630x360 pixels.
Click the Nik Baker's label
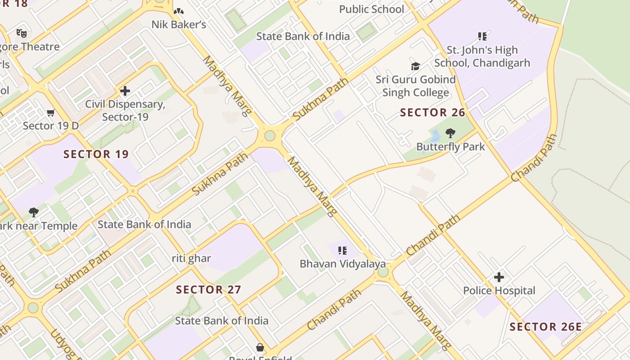(179, 24)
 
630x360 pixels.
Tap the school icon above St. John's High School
(482, 36)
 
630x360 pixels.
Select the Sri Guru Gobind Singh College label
(415, 86)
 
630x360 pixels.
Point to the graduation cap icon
(415, 67)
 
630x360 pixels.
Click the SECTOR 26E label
(546, 327)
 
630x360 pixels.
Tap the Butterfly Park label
(450, 147)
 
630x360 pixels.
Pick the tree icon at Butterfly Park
(450, 133)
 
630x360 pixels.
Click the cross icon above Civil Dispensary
(125, 91)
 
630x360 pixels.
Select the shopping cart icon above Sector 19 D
(50, 112)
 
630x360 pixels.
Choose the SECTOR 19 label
(96, 154)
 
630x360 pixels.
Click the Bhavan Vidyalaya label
(343, 264)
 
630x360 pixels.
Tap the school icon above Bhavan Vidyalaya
(342, 250)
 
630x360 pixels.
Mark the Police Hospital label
(499, 291)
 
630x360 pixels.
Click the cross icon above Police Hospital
(499, 277)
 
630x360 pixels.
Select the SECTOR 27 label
(208, 289)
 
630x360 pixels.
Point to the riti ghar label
(191, 258)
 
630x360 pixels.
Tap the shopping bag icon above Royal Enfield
(260, 347)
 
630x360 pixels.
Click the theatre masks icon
(21, 33)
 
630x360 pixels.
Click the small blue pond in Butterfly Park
(435, 135)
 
